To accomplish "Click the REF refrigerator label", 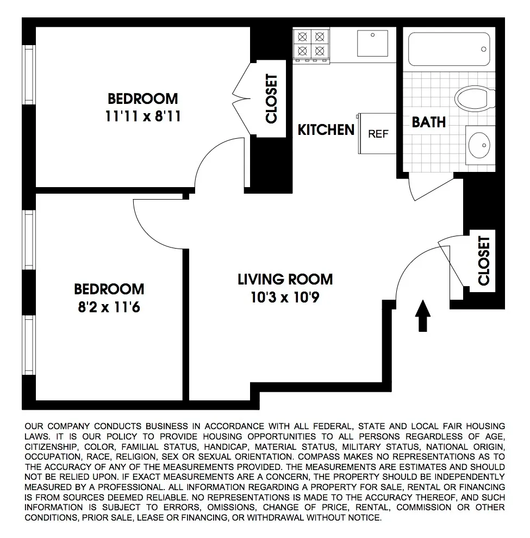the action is [378, 134].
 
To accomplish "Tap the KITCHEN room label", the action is [326, 130].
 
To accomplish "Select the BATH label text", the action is [428, 122].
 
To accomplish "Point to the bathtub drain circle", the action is [484, 49].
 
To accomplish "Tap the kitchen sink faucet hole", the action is [373, 35].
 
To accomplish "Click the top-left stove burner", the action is [302, 36].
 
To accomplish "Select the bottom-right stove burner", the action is [320, 51].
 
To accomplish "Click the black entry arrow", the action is [423, 316].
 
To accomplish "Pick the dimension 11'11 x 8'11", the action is [142, 116].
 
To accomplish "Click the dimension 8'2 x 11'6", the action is [109, 307].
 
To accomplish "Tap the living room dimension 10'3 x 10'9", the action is [285, 297].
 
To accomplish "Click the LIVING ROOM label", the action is [285, 279].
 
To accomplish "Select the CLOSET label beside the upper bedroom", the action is [271, 99].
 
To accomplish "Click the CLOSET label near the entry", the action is [484, 261].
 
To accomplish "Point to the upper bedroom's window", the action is [29, 75].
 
